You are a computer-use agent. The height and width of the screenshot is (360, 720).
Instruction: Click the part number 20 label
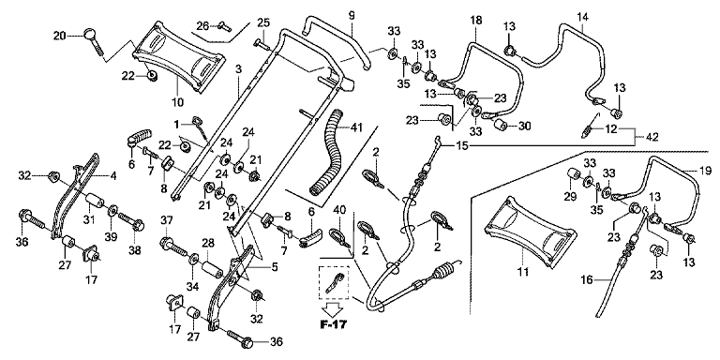pyautogui.click(x=60, y=35)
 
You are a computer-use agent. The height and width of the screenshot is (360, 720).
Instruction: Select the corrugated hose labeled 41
pyautogui.click(x=325, y=152)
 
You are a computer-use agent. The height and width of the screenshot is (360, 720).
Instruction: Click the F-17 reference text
pyautogui.click(x=334, y=324)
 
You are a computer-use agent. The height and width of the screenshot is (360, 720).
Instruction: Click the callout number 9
pyautogui.click(x=352, y=16)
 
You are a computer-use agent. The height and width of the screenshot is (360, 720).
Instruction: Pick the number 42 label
pyautogui.click(x=652, y=137)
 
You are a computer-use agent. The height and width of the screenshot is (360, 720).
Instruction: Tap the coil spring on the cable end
pyautogui.click(x=444, y=270)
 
